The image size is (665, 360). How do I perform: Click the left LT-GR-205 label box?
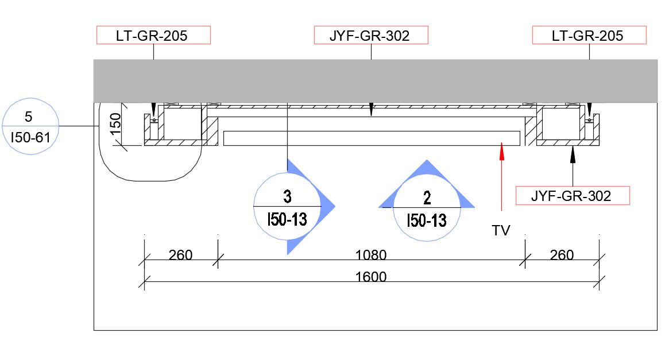click(153, 35)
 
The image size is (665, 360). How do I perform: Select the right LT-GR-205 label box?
click(590, 35)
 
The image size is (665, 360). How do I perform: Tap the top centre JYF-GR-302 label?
click(371, 35)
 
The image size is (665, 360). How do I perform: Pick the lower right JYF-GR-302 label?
click(573, 195)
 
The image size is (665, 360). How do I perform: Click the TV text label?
click(501, 230)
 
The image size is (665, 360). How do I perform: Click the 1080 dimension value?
click(370, 255)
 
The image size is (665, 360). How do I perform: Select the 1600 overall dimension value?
click(370, 277)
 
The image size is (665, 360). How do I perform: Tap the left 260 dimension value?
click(181, 255)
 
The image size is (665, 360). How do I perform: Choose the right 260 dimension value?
click(562, 255)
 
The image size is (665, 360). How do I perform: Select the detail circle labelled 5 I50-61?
click(30, 126)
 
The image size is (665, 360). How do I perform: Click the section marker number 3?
click(287, 196)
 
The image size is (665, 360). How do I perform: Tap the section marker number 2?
click(427, 198)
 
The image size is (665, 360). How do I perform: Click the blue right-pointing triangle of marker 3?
click(325, 207)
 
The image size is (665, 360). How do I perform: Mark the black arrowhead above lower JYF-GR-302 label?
click(573, 154)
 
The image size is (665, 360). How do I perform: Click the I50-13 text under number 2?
click(427, 220)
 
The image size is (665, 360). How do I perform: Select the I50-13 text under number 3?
click(287, 219)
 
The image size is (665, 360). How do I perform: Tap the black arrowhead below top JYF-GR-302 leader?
click(372, 110)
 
